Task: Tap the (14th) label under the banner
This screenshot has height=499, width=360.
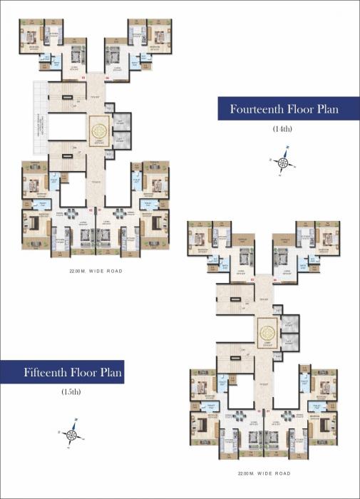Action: tap(283, 129)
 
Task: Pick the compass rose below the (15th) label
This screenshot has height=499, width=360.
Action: tap(73, 434)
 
